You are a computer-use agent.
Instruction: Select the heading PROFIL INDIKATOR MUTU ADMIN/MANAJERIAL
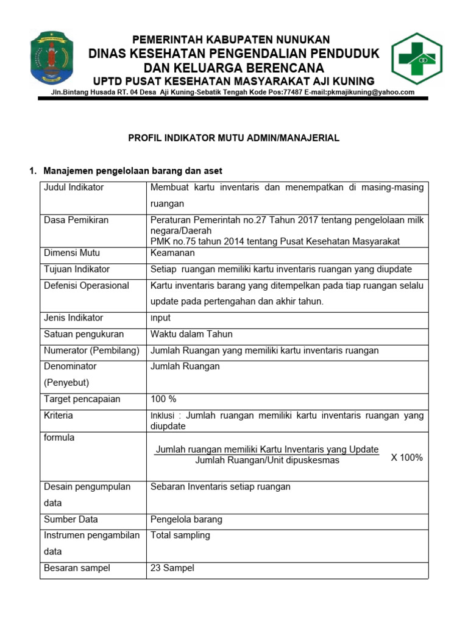233,138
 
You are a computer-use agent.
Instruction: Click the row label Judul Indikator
74,188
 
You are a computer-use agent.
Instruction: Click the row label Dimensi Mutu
72,253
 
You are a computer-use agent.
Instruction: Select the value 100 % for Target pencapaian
163,399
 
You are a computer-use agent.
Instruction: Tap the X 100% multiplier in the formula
406,458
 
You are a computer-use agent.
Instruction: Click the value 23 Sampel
172,568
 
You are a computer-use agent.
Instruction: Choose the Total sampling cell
180,535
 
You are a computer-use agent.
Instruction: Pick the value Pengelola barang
186,520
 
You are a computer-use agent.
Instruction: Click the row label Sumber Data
71,520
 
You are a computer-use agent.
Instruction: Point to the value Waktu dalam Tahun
191,334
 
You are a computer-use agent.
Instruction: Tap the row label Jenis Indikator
73,317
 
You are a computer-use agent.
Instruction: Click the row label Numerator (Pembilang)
91,350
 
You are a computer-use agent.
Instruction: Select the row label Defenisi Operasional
87,285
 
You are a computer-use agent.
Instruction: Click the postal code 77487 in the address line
279,93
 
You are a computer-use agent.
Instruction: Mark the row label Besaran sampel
77,568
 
